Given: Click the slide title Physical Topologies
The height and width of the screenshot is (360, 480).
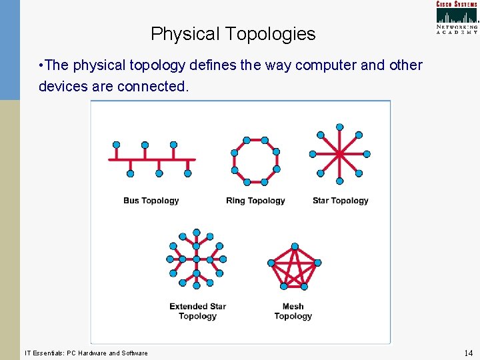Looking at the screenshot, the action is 233,34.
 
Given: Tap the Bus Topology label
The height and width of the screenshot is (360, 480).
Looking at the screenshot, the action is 151,201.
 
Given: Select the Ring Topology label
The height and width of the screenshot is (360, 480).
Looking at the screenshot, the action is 255,201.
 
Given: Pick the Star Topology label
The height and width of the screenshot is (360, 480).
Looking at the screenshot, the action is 340,201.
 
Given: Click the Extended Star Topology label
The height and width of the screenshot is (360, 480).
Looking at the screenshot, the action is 197,311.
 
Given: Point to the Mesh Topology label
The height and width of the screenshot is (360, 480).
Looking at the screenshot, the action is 293,311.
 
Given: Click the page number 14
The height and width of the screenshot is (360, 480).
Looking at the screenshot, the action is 467,353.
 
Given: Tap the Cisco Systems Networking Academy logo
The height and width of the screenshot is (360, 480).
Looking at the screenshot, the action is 457,17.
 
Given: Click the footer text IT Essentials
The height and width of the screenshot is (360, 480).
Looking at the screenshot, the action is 86,353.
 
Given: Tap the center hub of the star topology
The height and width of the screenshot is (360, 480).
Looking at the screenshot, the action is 339,155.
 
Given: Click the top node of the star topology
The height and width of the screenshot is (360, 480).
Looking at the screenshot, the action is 339,127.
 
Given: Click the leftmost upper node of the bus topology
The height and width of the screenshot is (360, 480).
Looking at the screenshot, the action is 116,145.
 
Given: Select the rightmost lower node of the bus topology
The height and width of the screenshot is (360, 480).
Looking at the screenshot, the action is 187,173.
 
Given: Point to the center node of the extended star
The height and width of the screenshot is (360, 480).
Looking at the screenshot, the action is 197,259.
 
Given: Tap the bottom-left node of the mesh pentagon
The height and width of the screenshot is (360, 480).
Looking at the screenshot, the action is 283,286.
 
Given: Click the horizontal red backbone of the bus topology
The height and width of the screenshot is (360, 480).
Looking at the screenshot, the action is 152,159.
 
